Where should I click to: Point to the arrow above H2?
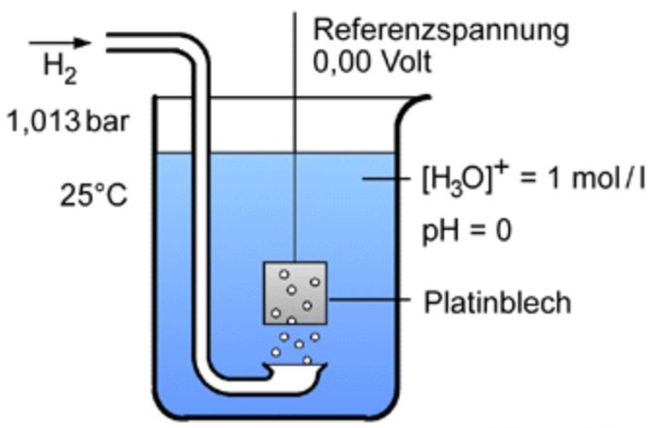pyautogui.click(x=59, y=42)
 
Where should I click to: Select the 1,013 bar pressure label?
pyautogui.click(x=68, y=123)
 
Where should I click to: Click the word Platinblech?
pyautogui.click(x=497, y=302)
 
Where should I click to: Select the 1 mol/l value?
pyautogui.click(x=592, y=181)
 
